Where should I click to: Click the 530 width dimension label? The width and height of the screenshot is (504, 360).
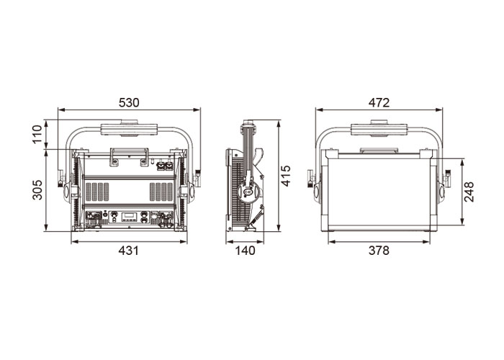[129, 102]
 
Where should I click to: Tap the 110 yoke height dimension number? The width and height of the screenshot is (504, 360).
[37, 135]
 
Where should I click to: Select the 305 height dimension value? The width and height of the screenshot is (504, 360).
[37, 189]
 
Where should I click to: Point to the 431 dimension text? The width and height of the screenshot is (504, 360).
[129, 251]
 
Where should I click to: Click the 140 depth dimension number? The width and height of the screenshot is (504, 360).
[245, 251]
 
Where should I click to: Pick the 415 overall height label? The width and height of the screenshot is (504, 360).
[285, 176]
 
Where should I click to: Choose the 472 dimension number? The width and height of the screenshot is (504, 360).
[379, 102]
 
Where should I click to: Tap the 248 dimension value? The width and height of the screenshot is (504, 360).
[469, 192]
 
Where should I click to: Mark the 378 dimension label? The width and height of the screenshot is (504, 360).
[379, 251]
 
